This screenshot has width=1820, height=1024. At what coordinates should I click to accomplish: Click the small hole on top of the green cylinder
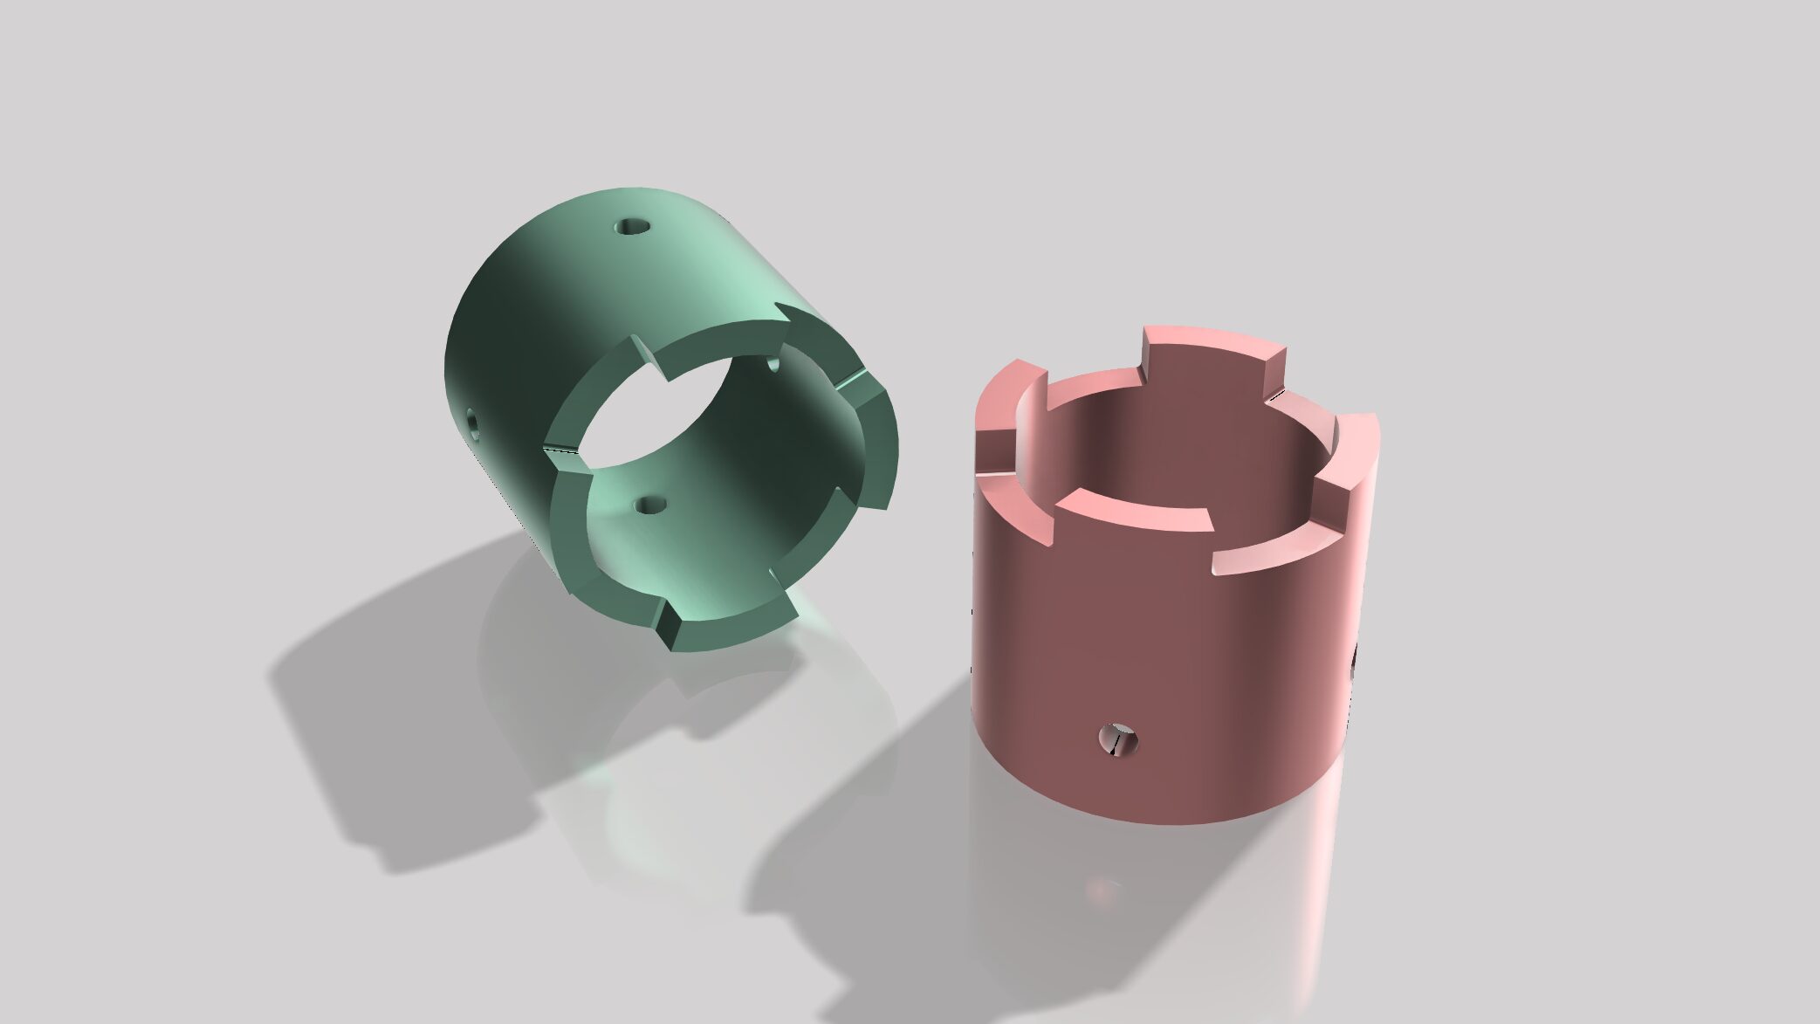(x=633, y=228)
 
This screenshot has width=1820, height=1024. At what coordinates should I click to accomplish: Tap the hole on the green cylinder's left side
(x=472, y=423)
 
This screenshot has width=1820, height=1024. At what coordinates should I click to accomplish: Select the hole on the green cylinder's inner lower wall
(x=649, y=505)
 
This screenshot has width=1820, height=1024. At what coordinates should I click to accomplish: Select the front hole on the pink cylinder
(x=1118, y=739)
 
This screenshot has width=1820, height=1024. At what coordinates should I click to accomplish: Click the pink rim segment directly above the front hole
(x=1135, y=515)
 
